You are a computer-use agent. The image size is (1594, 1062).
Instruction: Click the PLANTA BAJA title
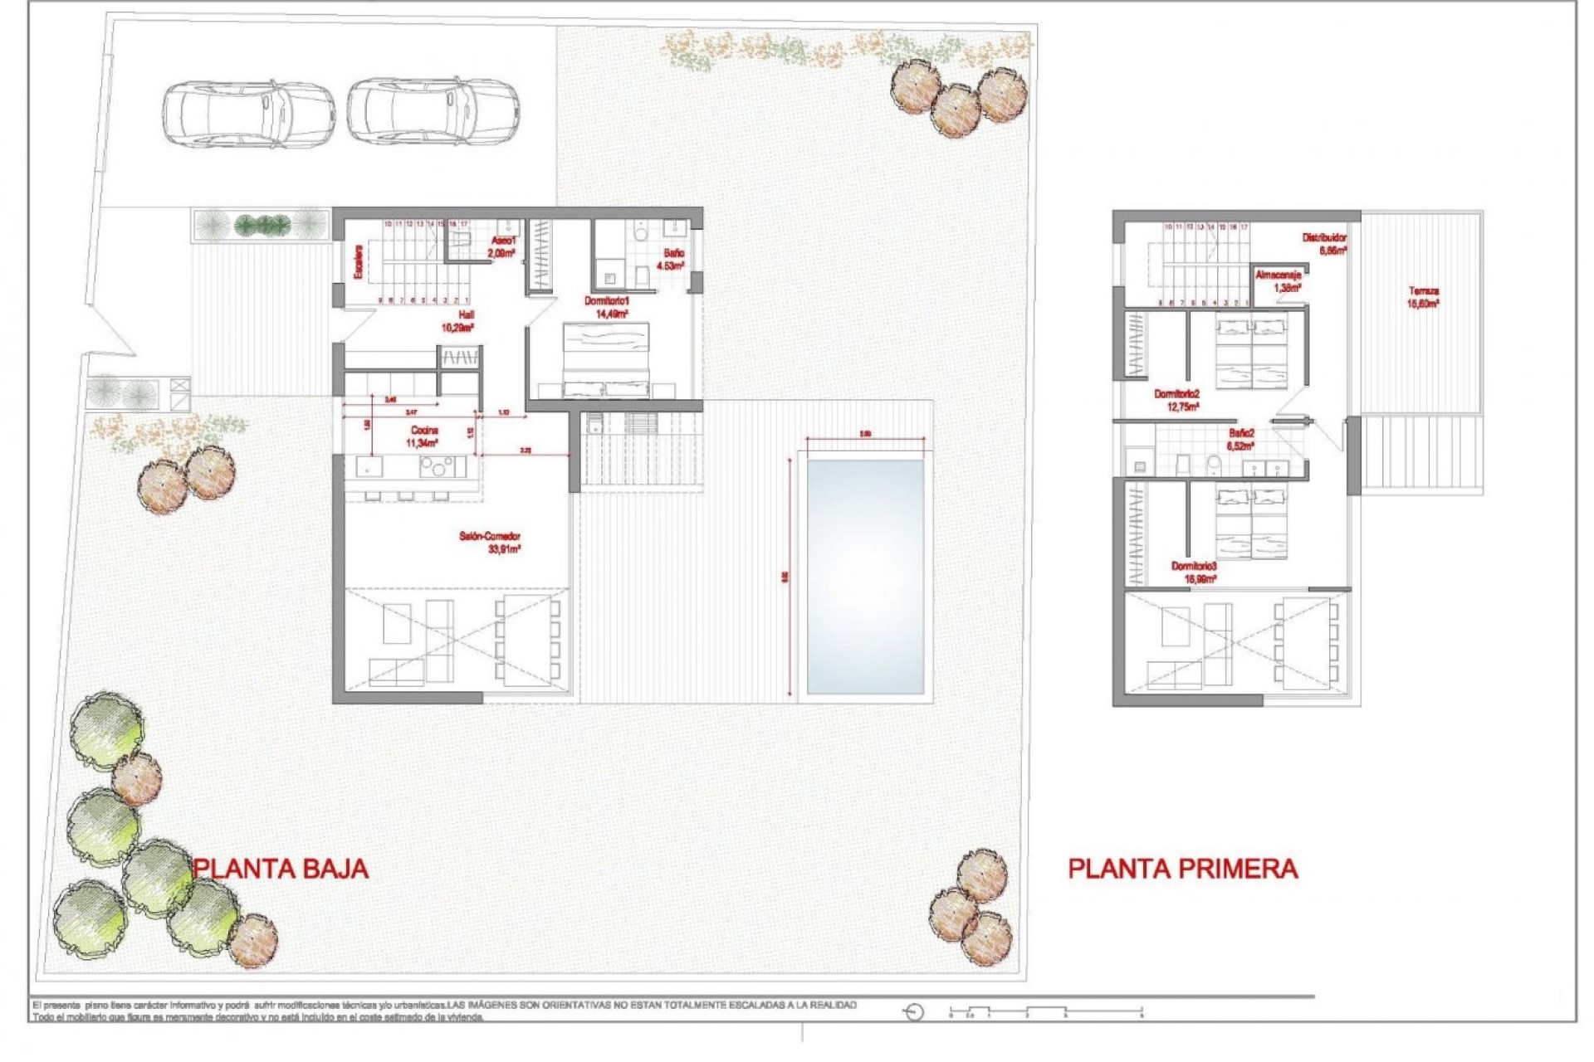[281, 869]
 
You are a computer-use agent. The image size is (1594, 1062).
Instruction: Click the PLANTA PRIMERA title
[1182, 869]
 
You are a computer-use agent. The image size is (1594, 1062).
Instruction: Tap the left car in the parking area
[248, 114]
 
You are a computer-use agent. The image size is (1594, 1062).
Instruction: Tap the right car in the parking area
[433, 112]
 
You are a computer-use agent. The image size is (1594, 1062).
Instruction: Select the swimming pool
[865, 577]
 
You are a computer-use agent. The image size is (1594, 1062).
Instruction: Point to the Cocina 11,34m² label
[423, 436]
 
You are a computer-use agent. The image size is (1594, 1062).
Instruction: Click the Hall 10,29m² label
[457, 322]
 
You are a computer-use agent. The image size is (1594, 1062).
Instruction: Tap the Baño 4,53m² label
[671, 259]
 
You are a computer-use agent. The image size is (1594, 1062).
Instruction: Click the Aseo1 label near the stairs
[502, 246]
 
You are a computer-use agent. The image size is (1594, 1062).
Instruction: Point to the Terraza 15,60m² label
[1423, 297]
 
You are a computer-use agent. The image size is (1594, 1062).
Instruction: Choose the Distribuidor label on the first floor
[1324, 243]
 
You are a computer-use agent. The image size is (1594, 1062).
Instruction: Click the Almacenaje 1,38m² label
[1278, 280]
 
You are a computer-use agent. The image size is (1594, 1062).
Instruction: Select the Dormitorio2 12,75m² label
[1177, 401]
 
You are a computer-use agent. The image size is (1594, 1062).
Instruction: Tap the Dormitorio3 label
[1194, 572]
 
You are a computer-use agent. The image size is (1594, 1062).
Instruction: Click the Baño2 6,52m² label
[1241, 439]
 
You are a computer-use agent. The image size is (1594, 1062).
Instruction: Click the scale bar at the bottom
[1046, 1012]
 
